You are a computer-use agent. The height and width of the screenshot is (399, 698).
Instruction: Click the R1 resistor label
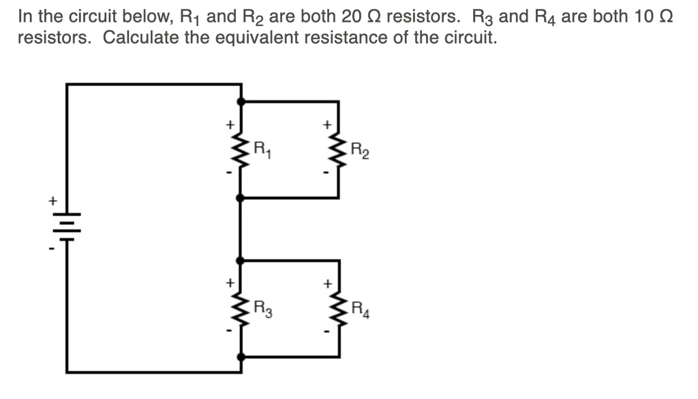[262, 147]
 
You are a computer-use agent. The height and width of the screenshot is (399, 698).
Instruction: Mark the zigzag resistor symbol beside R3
[241, 308]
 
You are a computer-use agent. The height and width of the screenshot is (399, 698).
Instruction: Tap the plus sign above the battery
[50, 201]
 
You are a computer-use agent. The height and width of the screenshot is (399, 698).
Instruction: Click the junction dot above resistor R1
[241, 102]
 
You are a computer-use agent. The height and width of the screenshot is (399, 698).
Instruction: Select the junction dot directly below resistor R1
[241, 198]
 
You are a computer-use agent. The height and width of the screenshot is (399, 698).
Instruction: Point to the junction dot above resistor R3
[241, 261]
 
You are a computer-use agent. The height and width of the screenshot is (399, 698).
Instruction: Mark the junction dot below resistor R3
[241, 357]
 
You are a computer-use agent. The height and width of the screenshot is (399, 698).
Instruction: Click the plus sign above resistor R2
[327, 125]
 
